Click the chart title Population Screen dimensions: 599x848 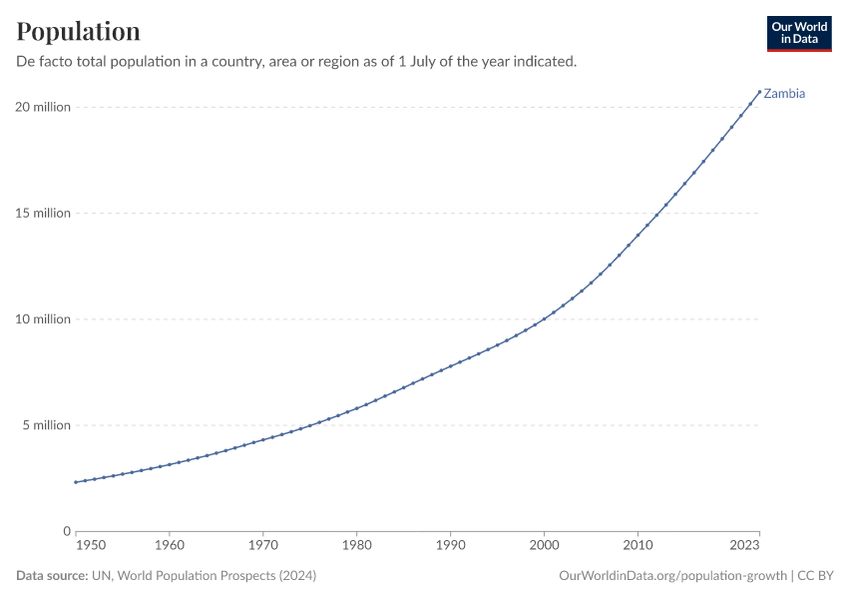78,31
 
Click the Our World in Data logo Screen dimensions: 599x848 798,33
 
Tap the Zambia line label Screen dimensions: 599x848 784,94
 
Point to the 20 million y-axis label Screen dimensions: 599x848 43,107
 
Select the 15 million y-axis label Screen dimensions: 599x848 43,213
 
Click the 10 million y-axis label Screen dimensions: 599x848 43,319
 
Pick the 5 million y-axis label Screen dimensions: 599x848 46,425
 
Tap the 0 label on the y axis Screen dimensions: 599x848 66,531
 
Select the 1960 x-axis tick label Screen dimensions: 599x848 170,546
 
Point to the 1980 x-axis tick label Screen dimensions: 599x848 357,546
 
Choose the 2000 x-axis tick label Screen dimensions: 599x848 544,546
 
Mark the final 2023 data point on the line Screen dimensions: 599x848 759,92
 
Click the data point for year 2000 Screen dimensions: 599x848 544,319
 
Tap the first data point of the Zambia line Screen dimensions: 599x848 76,482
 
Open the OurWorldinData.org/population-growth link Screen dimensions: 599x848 672,576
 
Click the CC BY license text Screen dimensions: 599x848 815,576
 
